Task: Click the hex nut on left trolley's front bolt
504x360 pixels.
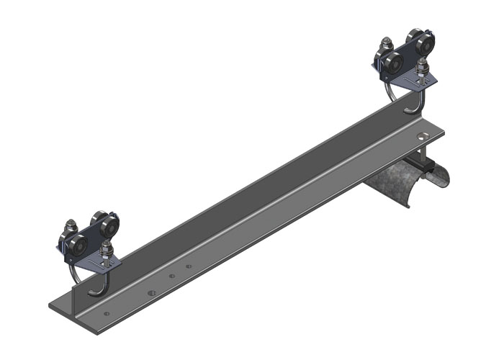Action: pos(107,249)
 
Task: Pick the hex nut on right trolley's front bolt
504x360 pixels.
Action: pos(422,69)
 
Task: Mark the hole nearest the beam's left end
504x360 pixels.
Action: pos(107,314)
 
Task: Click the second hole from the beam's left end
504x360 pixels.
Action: pos(151,293)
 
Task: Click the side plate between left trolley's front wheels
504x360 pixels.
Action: pos(93,238)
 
